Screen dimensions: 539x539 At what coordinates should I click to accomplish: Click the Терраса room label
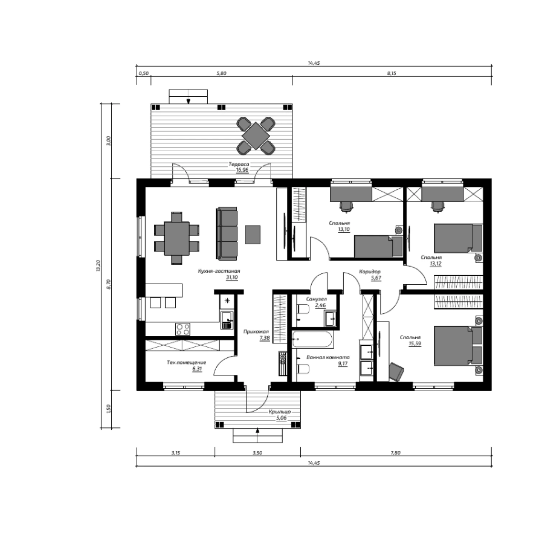[239, 164]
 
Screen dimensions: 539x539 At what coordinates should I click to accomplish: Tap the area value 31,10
[232, 277]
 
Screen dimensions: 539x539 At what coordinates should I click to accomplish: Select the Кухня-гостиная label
[219, 271]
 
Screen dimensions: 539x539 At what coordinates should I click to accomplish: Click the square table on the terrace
[255, 136]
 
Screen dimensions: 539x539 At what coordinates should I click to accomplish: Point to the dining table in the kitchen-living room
[177, 239]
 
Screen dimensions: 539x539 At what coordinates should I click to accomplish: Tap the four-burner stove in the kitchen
[183, 329]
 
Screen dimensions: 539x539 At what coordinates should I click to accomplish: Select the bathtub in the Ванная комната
[313, 339]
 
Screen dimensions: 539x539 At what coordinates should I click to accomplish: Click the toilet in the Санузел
[303, 309]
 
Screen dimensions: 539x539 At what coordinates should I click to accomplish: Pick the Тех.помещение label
[186, 363]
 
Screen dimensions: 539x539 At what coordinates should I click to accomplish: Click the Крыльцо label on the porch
[280, 412]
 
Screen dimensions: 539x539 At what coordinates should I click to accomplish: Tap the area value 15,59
[415, 344]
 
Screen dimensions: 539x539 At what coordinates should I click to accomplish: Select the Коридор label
[370, 272]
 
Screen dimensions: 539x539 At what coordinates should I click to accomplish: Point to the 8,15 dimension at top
[392, 73]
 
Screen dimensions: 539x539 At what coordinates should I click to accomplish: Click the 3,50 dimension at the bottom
[257, 453]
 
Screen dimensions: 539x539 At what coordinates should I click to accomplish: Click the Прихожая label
[256, 332]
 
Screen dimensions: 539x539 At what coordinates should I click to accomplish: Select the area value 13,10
[344, 229]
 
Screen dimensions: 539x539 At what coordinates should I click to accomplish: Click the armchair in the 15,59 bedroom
[396, 371]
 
